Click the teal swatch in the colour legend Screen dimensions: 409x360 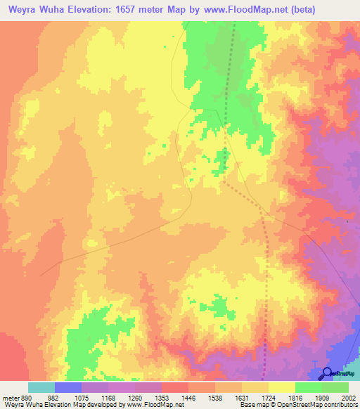(x=41, y=387)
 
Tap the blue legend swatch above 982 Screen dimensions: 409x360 (x=67, y=387)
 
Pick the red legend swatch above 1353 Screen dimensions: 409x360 (x=174, y=387)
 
